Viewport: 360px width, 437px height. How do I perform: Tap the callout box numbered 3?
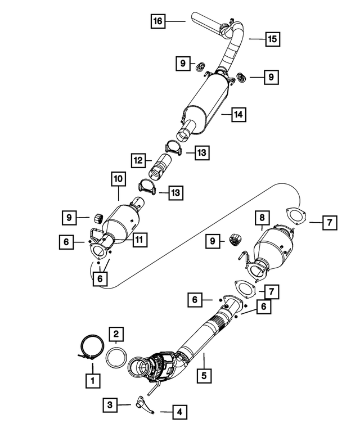[111, 404]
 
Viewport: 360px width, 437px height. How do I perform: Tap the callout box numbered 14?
[238, 115]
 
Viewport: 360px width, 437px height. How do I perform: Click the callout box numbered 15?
[272, 39]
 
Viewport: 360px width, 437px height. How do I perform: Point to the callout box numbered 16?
[158, 21]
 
